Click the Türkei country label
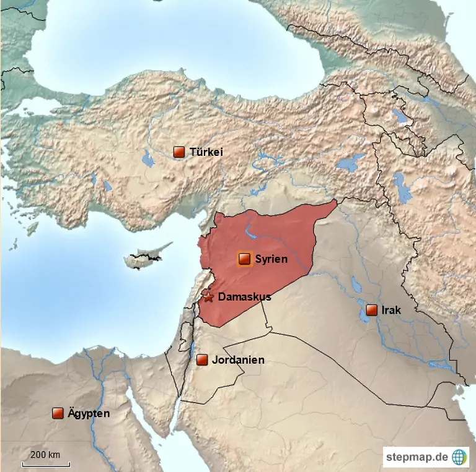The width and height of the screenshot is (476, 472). coord(206,152)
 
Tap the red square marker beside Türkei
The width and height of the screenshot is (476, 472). coord(179,152)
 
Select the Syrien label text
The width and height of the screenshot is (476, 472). coord(271,259)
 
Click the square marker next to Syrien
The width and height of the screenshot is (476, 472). coord(244,259)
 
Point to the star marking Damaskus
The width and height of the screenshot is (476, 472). coord(209,298)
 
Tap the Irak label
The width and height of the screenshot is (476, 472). coord(391,310)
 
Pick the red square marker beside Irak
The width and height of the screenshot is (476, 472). coord(371,310)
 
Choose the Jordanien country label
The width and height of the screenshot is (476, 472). coord(238,360)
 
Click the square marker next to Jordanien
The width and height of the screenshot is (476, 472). coord(201,360)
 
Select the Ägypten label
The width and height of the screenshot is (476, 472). coord(89,413)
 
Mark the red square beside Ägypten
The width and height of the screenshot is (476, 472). coord(58,413)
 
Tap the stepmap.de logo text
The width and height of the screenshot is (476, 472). coord(416,458)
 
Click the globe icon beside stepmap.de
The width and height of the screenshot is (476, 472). coord(459,457)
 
